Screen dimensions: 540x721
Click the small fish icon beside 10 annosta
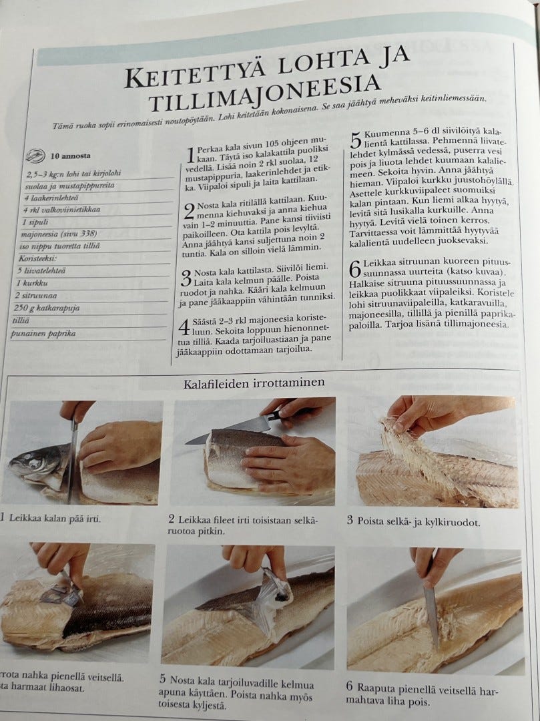point(35,156)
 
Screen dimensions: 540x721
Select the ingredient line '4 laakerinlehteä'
point(51,198)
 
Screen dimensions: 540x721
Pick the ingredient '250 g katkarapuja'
point(47,308)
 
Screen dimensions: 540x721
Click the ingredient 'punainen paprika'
point(43,333)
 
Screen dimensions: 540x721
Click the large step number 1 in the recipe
point(191,155)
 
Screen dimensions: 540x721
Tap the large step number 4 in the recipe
point(184,327)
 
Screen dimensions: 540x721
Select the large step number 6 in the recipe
point(355,270)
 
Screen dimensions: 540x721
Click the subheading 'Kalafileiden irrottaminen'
point(254,383)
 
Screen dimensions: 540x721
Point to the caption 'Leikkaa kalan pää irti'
point(55,519)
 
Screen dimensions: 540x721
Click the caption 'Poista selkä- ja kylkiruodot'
point(419,522)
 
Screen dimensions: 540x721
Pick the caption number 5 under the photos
point(163,679)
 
